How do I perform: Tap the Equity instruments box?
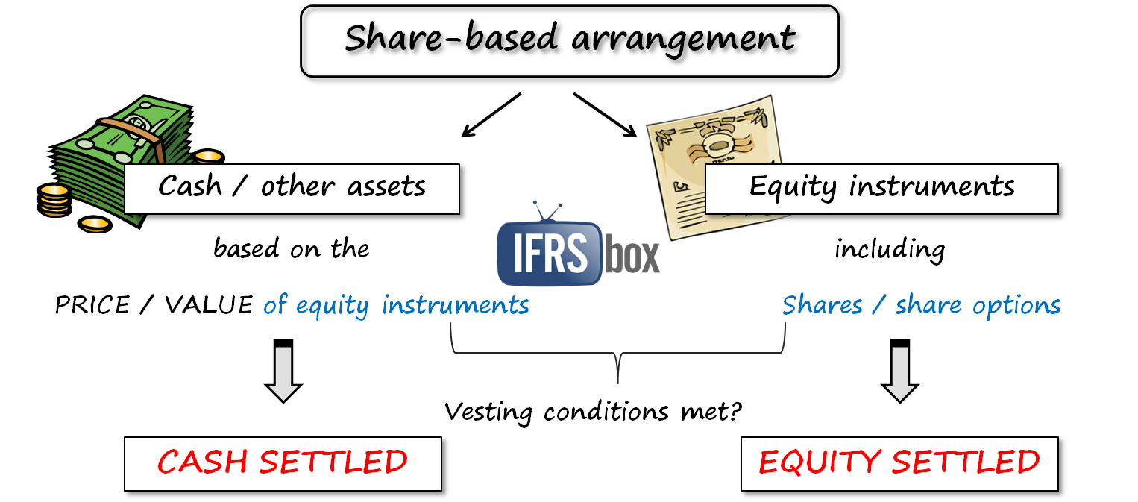(x=881, y=186)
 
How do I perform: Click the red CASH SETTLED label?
(x=283, y=462)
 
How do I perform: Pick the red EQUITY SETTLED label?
(x=899, y=462)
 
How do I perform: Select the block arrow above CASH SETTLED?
(x=283, y=371)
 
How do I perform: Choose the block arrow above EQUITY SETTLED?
(x=899, y=371)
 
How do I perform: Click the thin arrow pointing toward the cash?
(x=491, y=116)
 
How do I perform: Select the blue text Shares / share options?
(x=921, y=305)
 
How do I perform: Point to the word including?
(x=889, y=249)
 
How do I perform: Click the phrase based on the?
(x=291, y=248)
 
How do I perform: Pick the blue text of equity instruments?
(x=396, y=305)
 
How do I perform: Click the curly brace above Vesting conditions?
(x=617, y=354)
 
